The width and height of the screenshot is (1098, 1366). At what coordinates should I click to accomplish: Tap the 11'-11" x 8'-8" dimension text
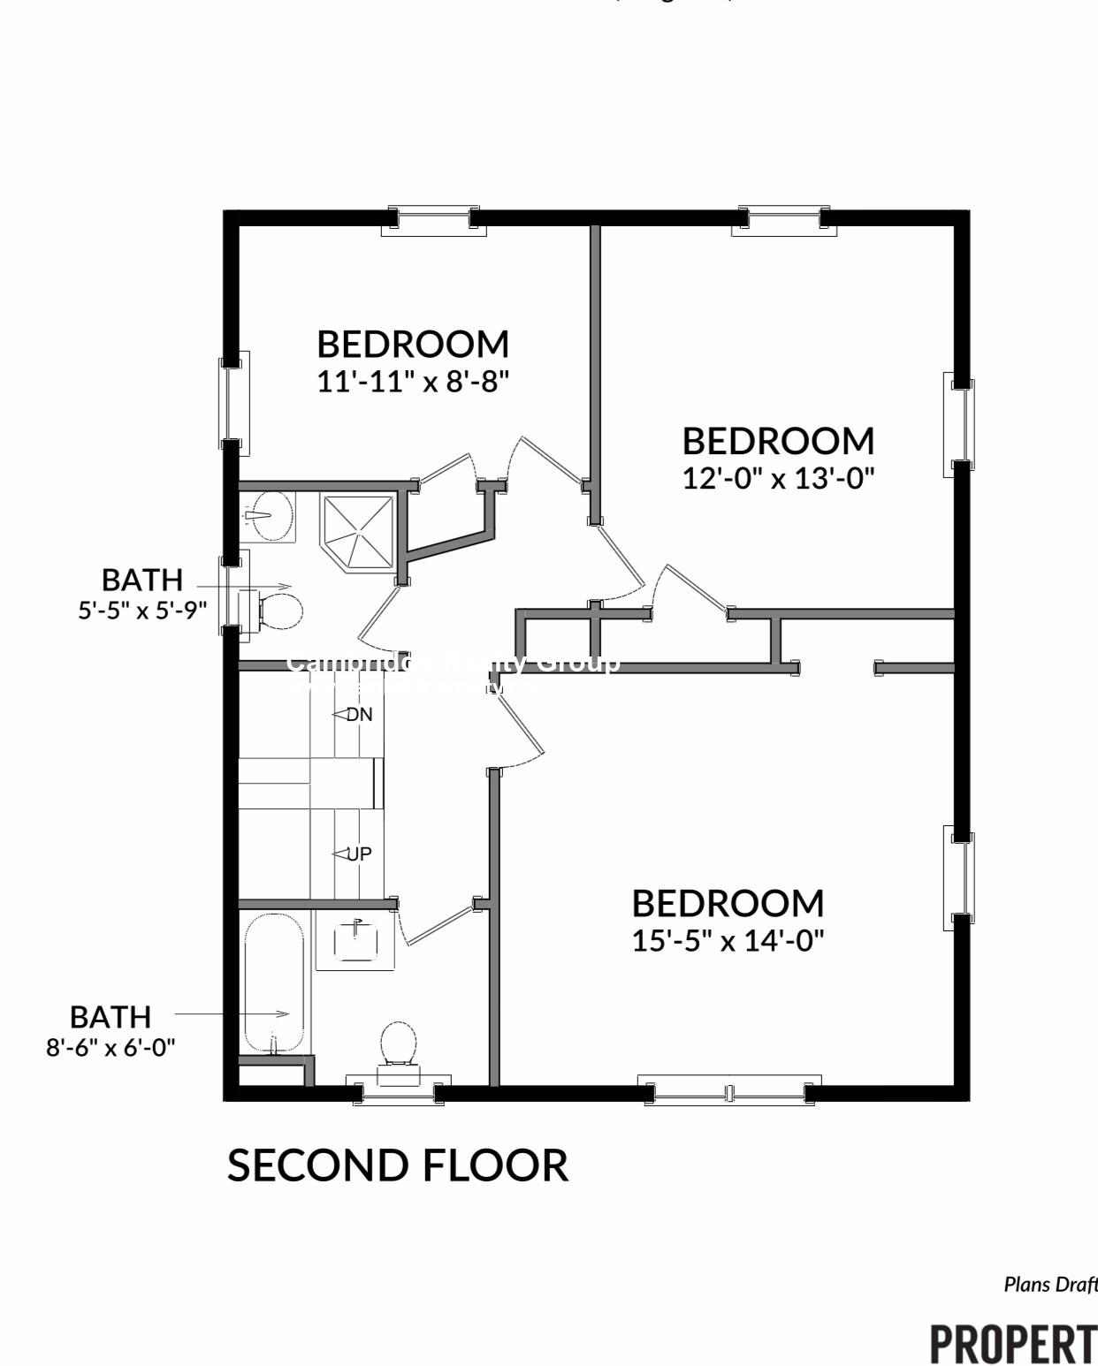click(413, 382)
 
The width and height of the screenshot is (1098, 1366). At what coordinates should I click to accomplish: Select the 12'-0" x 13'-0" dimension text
click(778, 478)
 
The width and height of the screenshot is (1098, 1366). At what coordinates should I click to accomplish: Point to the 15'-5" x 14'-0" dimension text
click(728, 940)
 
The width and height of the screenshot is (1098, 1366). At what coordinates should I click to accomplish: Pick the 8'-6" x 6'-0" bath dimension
click(111, 1047)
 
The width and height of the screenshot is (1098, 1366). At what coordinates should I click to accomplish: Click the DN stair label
click(358, 714)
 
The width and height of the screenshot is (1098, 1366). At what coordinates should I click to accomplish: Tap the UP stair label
click(358, 854)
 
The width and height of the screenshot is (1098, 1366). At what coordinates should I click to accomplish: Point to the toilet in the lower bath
click(398, 1048)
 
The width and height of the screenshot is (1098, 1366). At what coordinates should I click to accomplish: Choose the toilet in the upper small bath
click(278, 610)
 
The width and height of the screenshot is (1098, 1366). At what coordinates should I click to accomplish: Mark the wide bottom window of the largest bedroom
click(729, 1092)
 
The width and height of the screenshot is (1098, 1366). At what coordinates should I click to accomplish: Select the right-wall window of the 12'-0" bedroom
click(961, 420)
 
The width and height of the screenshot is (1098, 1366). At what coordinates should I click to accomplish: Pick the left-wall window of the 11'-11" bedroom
click(233, 403)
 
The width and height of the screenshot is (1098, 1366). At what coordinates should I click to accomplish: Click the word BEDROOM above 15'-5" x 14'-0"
click(728, 903)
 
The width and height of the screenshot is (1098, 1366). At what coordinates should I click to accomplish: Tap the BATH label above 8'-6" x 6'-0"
click(111, 1016)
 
